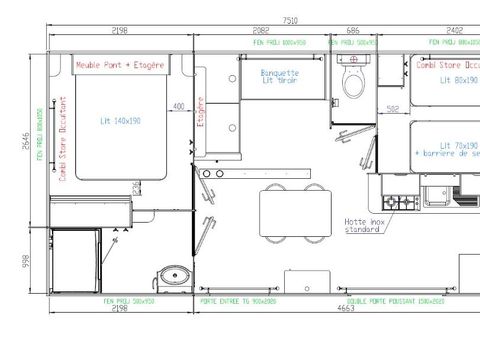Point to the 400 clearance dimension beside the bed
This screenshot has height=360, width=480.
178,106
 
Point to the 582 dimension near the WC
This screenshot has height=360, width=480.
393,109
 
